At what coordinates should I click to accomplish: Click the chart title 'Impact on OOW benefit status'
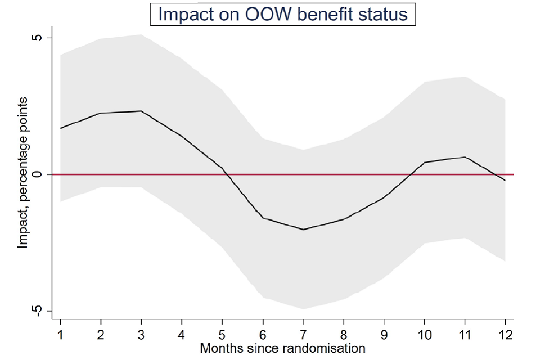[282, 14]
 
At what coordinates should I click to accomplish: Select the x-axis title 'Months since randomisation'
[283, 348]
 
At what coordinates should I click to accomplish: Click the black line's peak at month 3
[141, 111]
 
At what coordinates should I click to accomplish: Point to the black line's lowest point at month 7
[303, 229]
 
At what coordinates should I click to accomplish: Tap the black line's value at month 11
[465, 157]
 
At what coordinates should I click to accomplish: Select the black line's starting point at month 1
[60, 128]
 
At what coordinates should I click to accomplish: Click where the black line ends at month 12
[505, 181]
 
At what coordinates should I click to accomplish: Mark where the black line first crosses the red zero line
[226, 174]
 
